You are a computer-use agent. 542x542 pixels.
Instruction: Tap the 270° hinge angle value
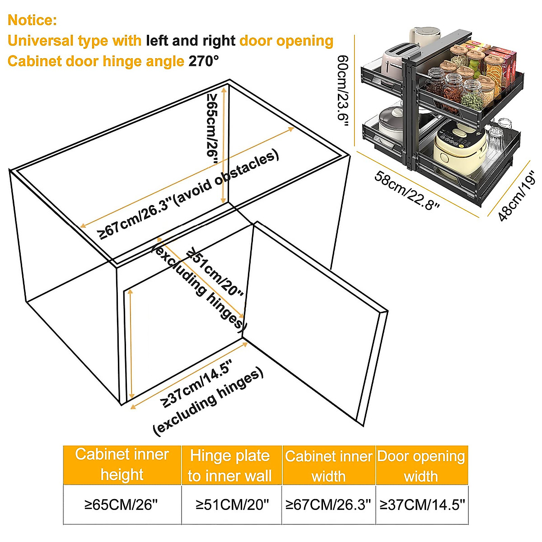point(204,61)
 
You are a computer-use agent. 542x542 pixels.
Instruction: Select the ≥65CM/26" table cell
point(121,505)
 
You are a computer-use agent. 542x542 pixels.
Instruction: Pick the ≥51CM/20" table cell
point(232,505)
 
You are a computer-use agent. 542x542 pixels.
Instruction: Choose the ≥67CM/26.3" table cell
point(328,505)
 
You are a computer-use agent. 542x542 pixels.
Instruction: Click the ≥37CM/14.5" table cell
point(422,505)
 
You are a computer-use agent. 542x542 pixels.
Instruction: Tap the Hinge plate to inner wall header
point(230,465)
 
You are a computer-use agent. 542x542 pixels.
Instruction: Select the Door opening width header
point(421,466)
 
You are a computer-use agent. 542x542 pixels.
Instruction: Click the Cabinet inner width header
point(328,466)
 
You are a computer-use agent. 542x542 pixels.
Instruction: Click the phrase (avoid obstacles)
point(226,178)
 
